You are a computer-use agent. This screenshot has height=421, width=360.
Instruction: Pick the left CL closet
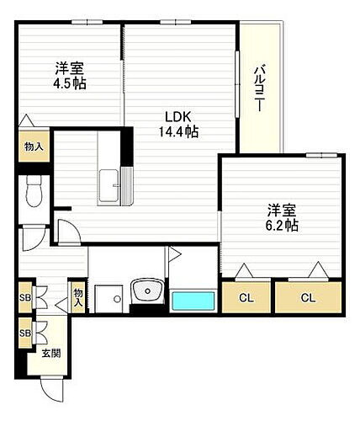point(246,297)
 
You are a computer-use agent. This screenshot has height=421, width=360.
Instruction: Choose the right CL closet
point(309,297)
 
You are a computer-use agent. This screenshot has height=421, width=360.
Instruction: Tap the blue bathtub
point(193,301)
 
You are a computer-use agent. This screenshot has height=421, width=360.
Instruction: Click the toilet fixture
point(34,192)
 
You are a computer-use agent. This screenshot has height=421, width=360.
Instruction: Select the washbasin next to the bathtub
point(149,294)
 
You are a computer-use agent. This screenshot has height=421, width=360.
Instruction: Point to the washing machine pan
point(107,298)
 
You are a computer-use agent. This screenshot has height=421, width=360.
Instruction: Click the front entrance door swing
point(52,388)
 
